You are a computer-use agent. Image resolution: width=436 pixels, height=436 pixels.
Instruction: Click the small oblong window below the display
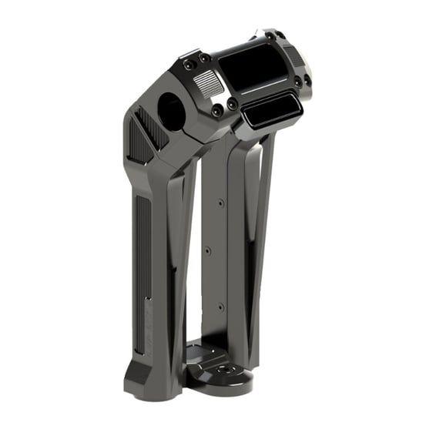(271, 112)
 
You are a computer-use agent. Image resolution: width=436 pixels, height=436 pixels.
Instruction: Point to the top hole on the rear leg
(220, 203)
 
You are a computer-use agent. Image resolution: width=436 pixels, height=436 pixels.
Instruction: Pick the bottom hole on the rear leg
(220, 307)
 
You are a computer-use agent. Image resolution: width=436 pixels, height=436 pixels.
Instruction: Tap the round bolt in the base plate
(223, 371)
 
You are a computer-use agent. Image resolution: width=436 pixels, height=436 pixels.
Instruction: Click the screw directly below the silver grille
(216, 111)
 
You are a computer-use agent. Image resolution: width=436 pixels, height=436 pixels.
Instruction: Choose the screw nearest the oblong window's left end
(232, 104)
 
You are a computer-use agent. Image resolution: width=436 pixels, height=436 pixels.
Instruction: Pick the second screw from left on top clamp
(203, 58)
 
